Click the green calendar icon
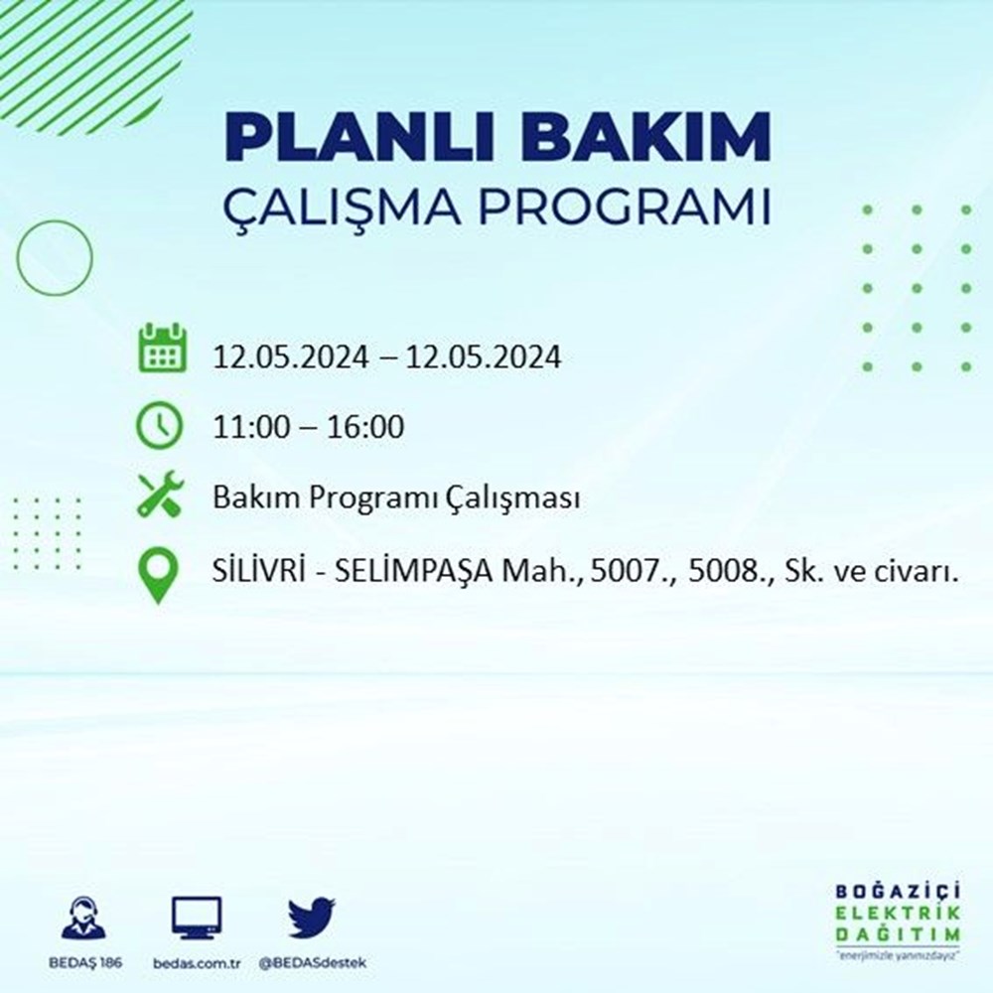[160, 348]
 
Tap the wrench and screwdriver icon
[159, 495]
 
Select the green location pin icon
[159, 575]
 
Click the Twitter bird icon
[312, 918]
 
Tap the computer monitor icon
[197, 918]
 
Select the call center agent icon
[82, 920]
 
